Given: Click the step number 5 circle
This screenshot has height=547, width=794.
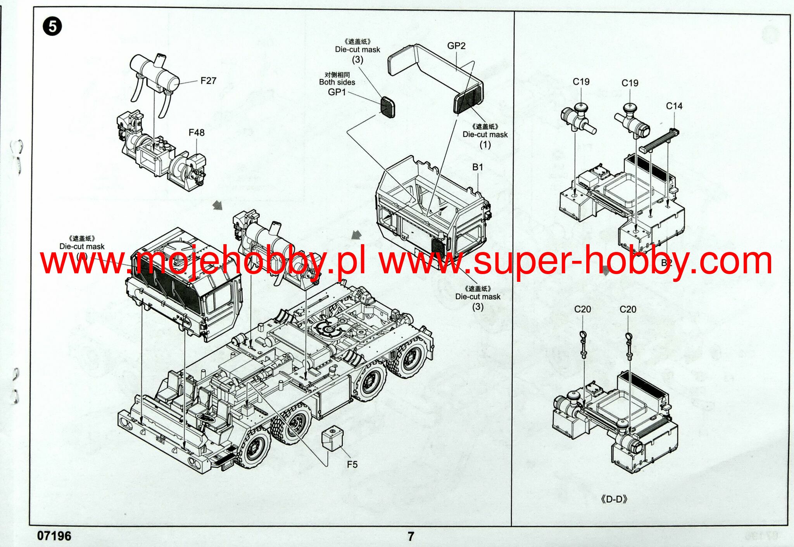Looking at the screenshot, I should pos(52,27).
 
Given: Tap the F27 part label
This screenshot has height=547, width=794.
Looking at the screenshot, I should pos(208,81).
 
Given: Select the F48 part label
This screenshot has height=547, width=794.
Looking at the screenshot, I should pos(197,133).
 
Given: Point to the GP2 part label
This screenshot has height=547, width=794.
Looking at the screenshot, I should pos(456,46).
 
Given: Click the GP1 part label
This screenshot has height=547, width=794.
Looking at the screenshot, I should pos(337,92).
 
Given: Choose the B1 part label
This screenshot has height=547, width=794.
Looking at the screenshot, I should pos(477,167).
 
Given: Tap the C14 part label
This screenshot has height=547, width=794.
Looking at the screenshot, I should pos(674,106).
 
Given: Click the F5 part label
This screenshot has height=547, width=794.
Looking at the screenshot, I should pos(352,464).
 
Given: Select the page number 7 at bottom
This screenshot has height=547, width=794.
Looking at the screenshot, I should pos(411,537).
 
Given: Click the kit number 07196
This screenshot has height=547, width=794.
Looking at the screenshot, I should pos(54,536).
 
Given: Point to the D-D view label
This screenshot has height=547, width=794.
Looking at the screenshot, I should pos(614,499).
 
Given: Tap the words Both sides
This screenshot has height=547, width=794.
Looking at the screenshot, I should pos(337,82).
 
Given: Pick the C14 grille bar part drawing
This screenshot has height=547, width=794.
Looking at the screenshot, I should pos(659,141).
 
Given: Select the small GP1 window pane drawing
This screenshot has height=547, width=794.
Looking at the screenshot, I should pos(387,107).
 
